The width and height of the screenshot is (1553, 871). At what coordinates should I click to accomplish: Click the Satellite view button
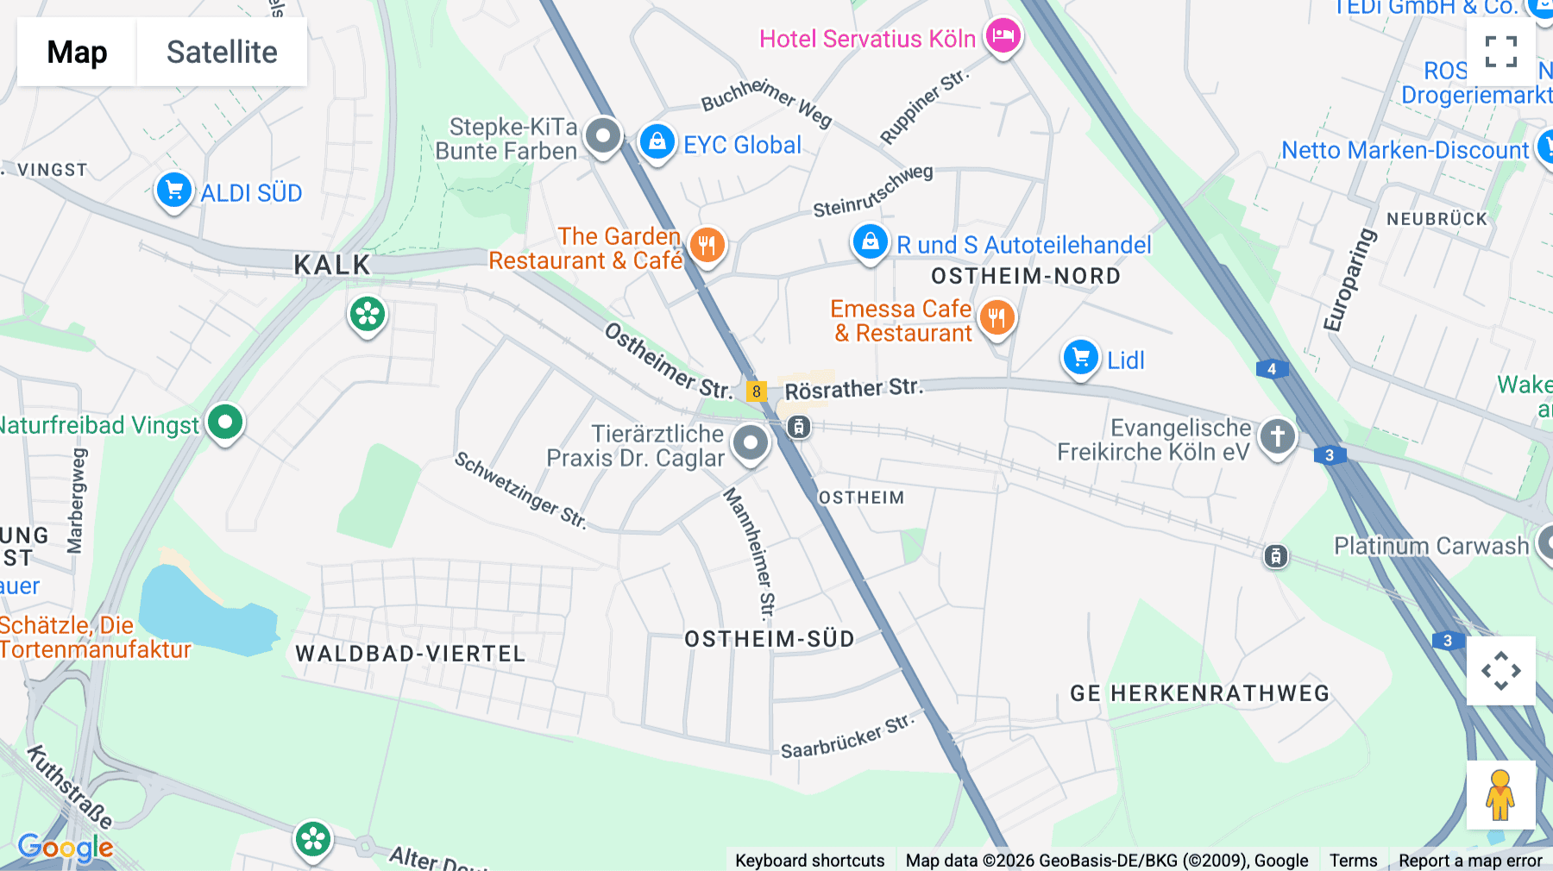pyautogui.click(x=222, y=52)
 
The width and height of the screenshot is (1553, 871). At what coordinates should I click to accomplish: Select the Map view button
pyautogui.click(x=77, y=52)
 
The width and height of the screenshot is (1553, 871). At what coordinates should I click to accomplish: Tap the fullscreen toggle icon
pyautogui.click(x=1501, y=52)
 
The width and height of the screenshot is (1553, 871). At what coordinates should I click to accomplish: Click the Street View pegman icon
pyautogui.click(x=1500, y=795)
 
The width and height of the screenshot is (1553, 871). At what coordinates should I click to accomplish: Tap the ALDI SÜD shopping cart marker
pyautogui.click(x=173, y=190)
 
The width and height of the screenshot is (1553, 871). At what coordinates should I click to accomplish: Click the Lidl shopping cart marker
pyautogui.click(x=1080, y=357)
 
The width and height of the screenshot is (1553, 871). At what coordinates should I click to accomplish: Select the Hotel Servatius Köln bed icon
pyautogui.click(x=1003, y=36)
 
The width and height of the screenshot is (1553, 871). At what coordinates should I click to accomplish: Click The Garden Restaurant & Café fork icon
pyautogui.click(x=707, y=245)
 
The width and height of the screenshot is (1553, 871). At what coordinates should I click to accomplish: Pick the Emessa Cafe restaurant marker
pyautogui.click(x=997, y=317)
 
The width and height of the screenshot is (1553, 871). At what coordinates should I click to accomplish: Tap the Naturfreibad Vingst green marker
pyautogui.click(x=225, y=423)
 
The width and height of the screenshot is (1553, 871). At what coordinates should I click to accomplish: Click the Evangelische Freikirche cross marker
pyautogui.click(x=1277, y=435)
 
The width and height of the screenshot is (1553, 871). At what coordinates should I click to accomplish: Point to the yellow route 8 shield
pyautogui.click(x=757, y=392)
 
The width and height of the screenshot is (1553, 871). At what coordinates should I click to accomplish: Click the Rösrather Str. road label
pyautogui.click(x=853, y=389)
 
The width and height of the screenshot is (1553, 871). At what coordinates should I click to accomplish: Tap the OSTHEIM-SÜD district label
pyautogui.click(x=769, y=639)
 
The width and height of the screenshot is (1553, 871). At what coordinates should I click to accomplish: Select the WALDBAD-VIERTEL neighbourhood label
pyautogui.click(x=411, y=654)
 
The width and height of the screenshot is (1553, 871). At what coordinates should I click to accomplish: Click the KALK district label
pyautogui.click(x=332, y=265)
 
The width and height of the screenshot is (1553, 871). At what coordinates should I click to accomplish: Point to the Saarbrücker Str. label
pyautogui.click(x=847, y=736)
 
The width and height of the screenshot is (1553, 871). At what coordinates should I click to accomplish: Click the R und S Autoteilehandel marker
pyautogui.click(x=870, y=241)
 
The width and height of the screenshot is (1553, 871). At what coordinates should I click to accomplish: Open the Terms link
pyautogui.click(x=1353, y=860)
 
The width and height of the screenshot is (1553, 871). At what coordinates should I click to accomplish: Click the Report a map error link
pyautogui.click(x=1470, y=860)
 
